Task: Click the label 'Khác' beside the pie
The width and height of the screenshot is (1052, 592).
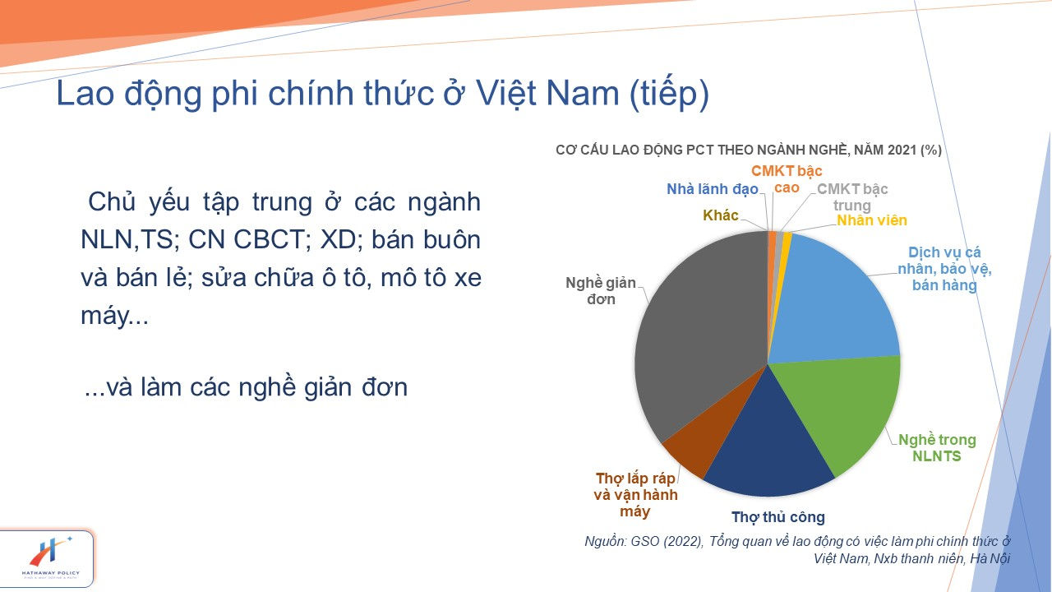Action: (721, 215)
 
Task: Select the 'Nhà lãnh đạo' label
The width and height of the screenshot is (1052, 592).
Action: (713, 189)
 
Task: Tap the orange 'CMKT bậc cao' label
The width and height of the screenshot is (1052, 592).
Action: (787, 179)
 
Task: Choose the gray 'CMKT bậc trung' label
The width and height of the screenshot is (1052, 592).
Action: (852, 197)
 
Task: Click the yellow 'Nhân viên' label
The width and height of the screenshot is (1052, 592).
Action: (872, 220)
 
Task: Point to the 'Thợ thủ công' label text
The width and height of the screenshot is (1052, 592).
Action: (778, 517)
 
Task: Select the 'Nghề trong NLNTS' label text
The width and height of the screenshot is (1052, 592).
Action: (937, 447)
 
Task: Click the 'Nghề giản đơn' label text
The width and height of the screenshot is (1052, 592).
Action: (601, 291)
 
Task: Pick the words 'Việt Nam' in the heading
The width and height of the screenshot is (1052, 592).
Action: (547, 93)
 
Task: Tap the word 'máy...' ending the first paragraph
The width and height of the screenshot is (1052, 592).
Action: (114, 315)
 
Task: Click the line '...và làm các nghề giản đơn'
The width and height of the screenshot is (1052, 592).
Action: (246, 387)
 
